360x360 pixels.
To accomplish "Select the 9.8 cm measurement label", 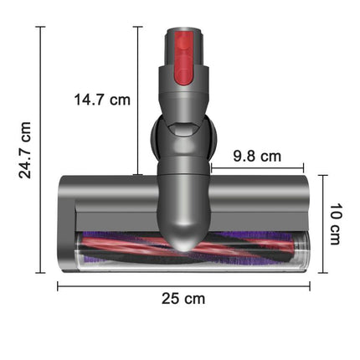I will (257, 156).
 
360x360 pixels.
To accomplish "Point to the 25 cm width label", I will (183, 298).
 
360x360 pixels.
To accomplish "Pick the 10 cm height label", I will (335, 224).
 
